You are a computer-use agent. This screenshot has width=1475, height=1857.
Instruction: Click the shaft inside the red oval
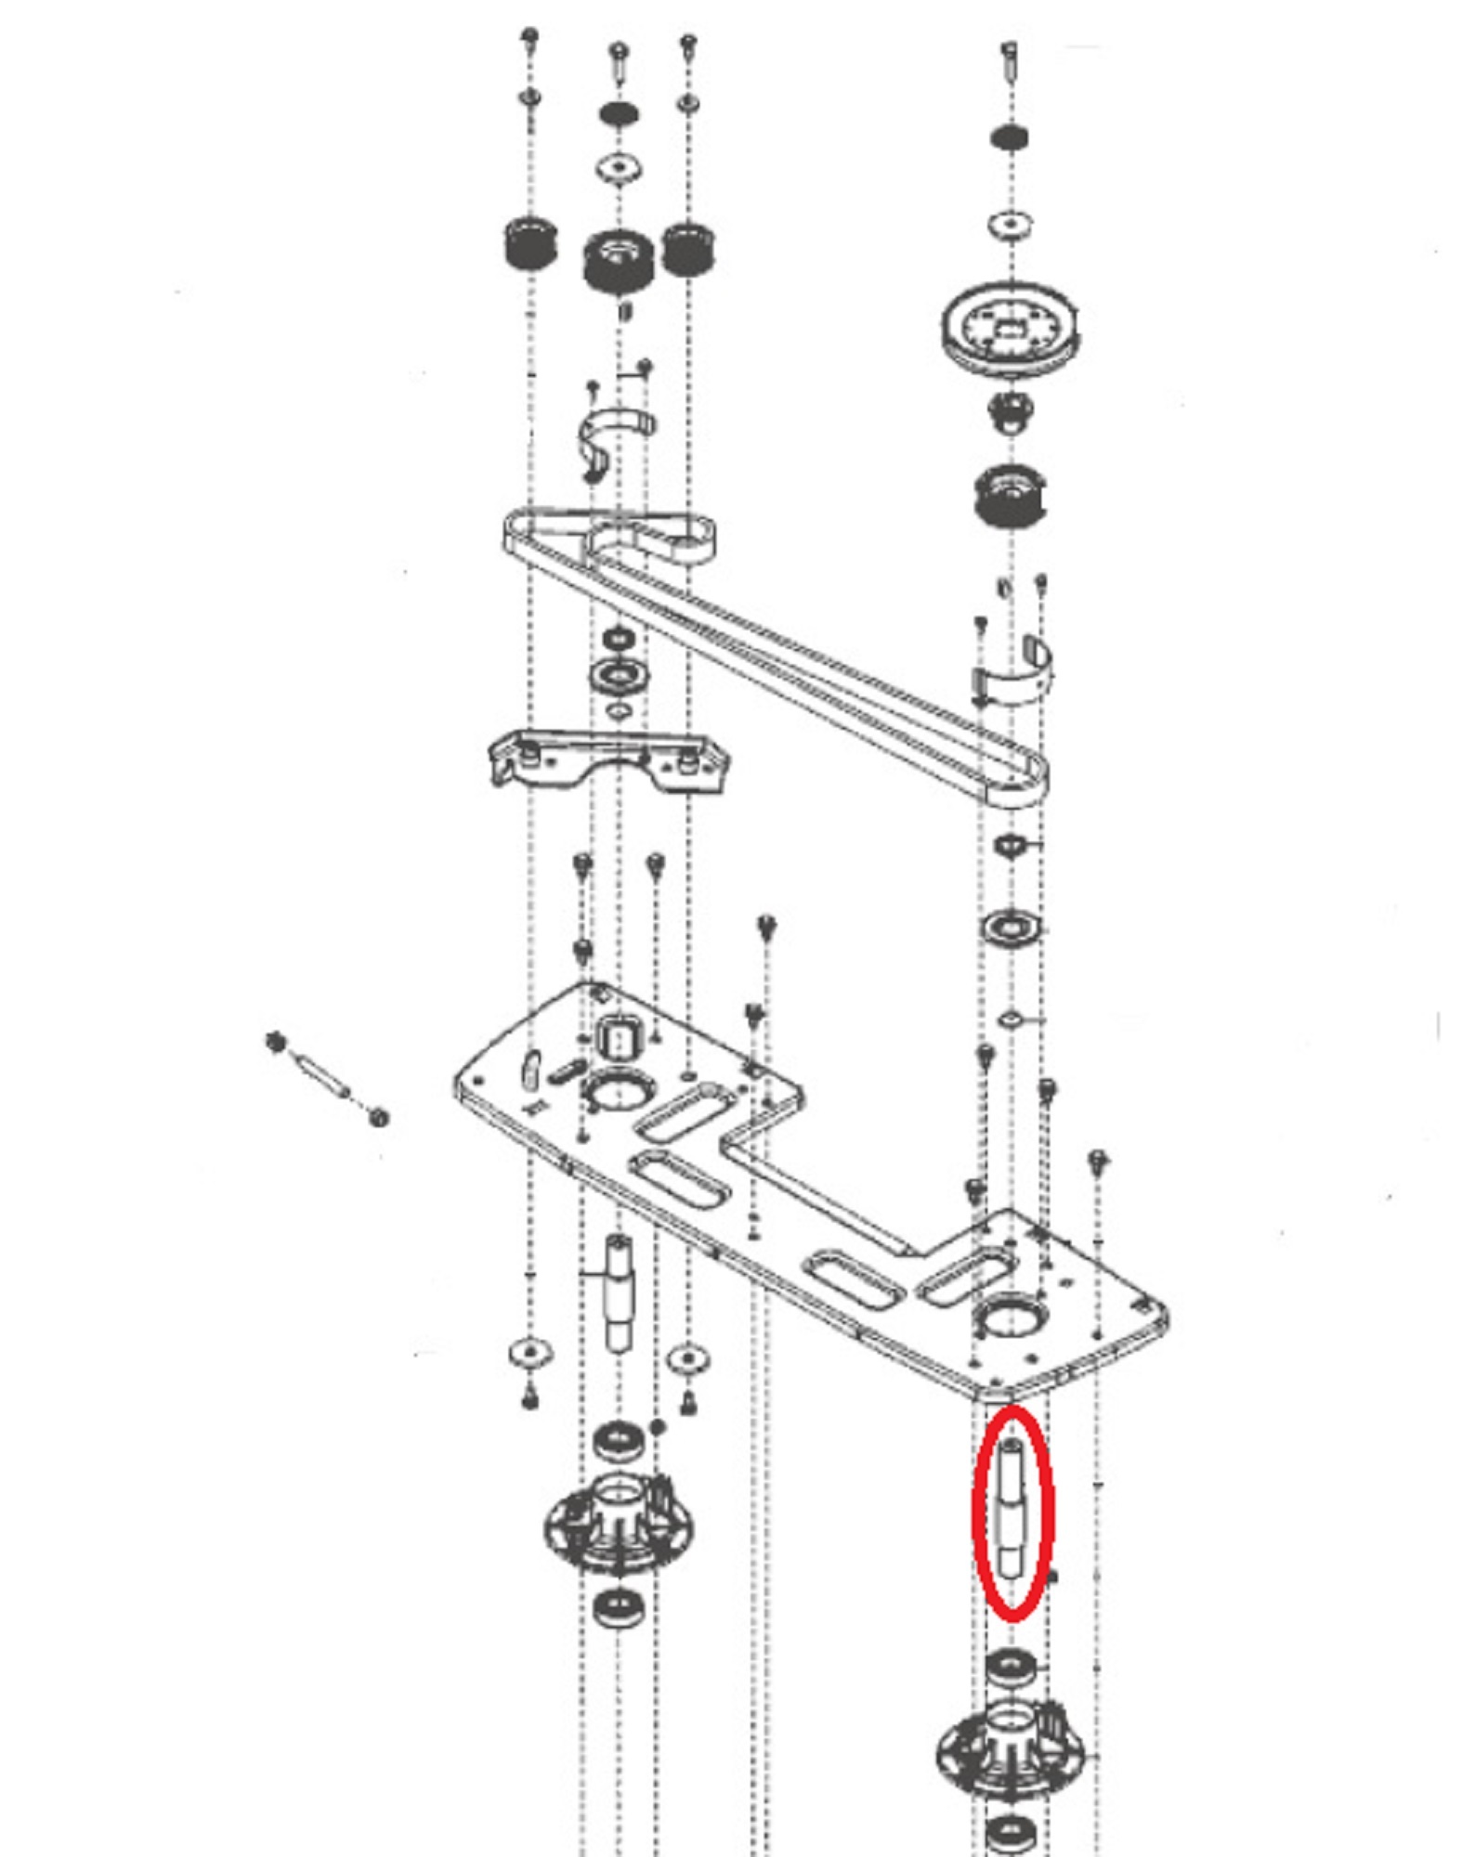coord(1012,1513)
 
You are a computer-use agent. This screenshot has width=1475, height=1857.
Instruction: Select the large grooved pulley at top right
coord(1012,331)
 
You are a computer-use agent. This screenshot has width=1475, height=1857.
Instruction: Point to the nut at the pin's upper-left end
coord(274,1042)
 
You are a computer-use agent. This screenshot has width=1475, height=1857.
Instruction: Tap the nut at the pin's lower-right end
coord(378,1116)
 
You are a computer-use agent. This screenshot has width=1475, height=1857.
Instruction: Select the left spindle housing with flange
coord(619,1524)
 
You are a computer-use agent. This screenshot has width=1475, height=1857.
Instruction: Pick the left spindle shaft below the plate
coord(618,1290)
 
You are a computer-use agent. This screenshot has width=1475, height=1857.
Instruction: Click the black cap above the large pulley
coord(1009,138)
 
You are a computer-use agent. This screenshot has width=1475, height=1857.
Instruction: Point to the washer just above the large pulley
coord(1010,224)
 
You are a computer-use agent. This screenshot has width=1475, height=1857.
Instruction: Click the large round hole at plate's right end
coord(1011,1317)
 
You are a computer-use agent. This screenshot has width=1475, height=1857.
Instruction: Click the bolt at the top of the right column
coord(1010,59)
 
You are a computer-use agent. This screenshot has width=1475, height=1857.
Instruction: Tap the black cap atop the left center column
coord(619,113)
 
